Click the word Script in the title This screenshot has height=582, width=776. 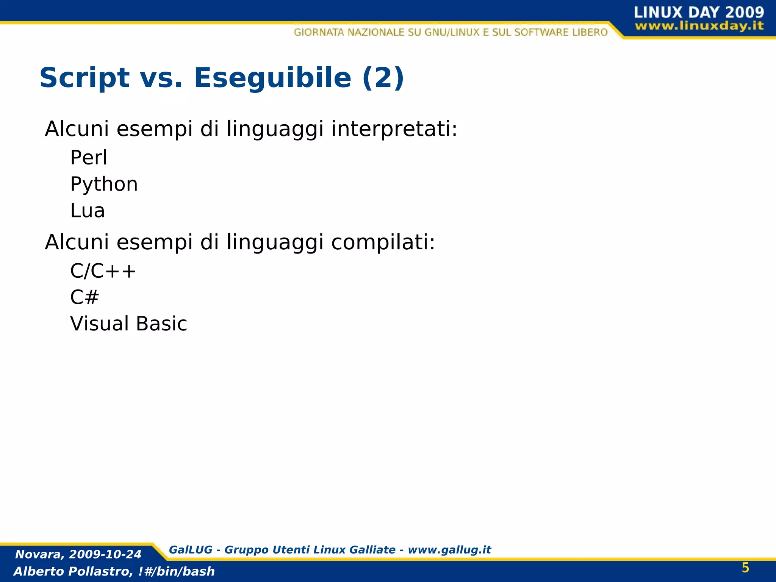tap(84, 78)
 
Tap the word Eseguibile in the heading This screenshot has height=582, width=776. tap(272, 78)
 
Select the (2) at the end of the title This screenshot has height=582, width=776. tap(383, 78)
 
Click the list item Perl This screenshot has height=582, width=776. tap(89, 158)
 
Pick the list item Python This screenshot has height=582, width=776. tap(104, 185)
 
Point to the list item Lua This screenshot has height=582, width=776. tap(88, 211)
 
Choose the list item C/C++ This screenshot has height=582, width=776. tap(103, 271)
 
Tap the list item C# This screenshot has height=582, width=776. tap(84, 297)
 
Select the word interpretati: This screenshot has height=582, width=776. tap(394, 129)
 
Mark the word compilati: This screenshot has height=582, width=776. tap(383, 242)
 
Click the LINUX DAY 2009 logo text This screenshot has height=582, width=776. tap(699, 13)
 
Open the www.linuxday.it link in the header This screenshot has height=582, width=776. tap(699, 26)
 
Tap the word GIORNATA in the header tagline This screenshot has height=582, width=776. tap(319, 32)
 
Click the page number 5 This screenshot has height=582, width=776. tap(745, 568)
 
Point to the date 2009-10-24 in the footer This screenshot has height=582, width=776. tap(105, 554)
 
